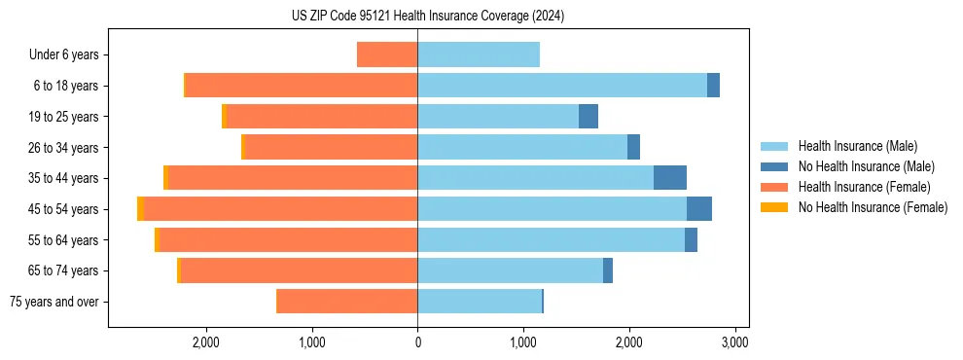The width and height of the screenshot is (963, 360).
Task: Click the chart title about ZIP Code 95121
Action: pos(427,17)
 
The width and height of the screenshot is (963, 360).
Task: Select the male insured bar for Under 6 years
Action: pos(478,54)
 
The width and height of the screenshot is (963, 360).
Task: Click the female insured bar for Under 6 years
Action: pos(387,54)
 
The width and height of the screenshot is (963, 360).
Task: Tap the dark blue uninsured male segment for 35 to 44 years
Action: pos(669,178)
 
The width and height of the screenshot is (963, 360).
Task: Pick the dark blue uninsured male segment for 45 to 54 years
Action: pos(698,209)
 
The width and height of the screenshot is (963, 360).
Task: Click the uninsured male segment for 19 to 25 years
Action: pos(588,117)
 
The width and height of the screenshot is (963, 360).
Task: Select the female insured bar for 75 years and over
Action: pos(347,302)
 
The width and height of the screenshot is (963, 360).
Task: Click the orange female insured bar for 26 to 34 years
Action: pos(332,147)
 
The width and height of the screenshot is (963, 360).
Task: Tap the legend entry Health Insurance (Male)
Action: pos(857,146)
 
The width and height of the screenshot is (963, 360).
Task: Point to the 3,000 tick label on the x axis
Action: pos(734,342)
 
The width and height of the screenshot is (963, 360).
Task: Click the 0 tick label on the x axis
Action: pos(417,342)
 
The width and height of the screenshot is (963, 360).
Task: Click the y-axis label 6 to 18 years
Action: pos(65,86)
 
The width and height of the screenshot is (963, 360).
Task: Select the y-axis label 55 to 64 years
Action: pos(63,240)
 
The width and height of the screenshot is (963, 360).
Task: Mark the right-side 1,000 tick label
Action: pos(523,342)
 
